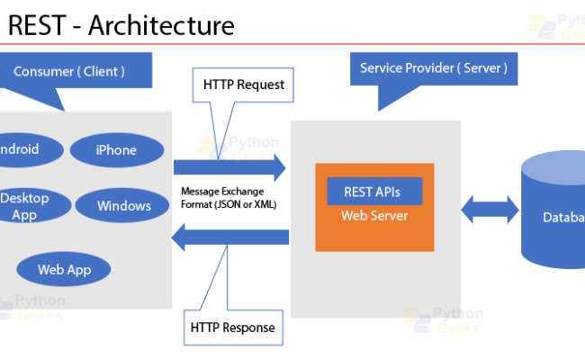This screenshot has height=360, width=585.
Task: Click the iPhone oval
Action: click(x=116, y=150)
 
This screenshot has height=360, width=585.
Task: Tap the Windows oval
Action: click(x=124, y=206)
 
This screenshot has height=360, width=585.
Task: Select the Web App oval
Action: click(x=64, y=268)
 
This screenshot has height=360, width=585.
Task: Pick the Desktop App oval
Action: click(x=27, y=206)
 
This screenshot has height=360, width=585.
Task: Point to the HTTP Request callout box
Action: click(x=243, y=85)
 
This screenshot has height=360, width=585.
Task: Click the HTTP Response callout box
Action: click(x=233, y=327)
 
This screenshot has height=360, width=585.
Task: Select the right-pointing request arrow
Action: click(x=229, y=167)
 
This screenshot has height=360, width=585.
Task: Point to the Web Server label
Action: click(x=373, y=216)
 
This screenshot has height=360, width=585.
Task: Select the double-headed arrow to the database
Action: click(x=490, y=211)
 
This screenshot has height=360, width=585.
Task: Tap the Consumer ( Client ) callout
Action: click(x=69, y=70)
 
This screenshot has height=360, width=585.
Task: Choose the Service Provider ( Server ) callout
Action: click(x=433, y=67)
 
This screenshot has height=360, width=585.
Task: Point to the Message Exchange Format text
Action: click(x=228, y=198)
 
